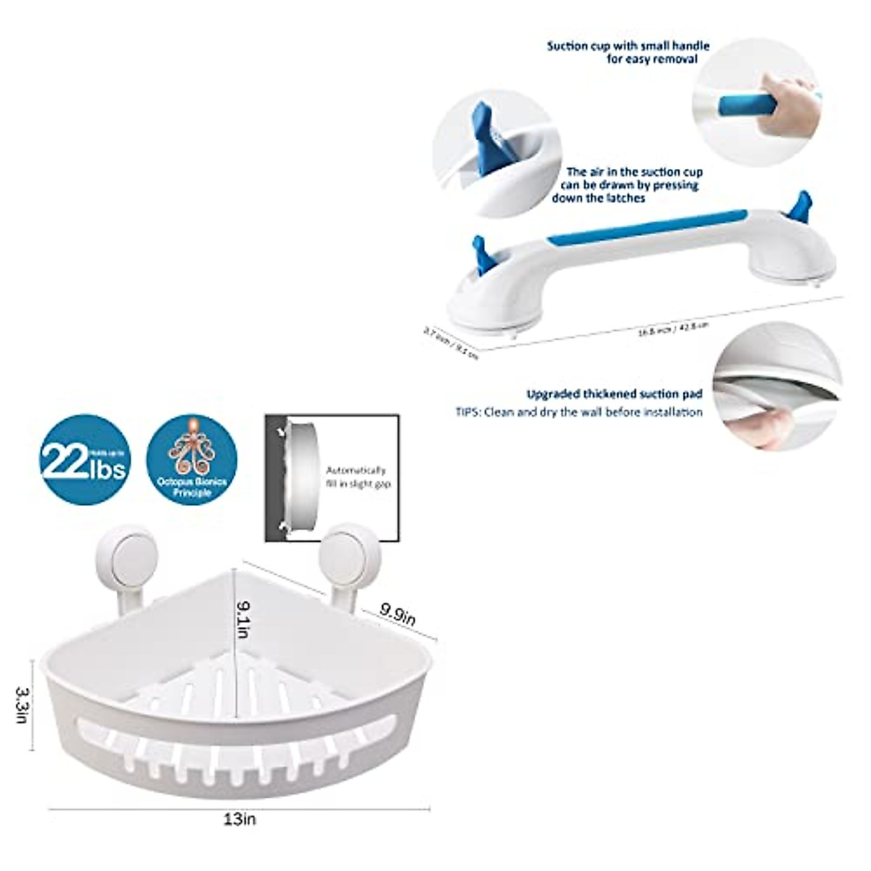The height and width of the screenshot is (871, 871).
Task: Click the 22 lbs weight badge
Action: click(85, 459)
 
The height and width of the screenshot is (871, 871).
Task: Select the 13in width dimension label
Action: click(240, 819)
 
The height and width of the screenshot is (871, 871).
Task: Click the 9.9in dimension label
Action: click(398, 615)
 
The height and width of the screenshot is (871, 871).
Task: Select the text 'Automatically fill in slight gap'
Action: click(356, 477)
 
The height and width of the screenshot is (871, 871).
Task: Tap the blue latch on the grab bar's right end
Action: click(800, 207)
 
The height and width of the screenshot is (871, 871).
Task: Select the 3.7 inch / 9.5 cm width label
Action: click(451, 343)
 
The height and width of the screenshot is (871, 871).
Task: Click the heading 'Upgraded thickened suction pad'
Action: click(614, 394)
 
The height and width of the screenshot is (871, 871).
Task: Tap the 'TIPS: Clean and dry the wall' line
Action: click(578, 412)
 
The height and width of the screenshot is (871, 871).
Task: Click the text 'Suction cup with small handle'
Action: click(628, 46)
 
